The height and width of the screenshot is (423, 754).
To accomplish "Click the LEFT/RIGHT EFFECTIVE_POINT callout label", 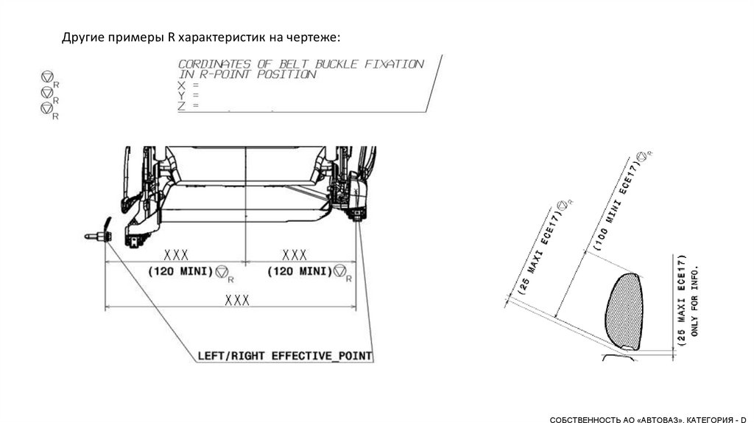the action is click(x=285, y=356).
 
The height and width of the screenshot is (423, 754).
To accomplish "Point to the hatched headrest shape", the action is click(x=624, y=311).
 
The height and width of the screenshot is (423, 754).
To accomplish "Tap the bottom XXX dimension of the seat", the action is click(x=237, y=301).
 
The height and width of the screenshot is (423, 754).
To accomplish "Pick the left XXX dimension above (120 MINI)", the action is click(x=176, y=255).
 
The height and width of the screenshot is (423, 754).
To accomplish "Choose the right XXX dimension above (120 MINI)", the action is click(x=295, y=255).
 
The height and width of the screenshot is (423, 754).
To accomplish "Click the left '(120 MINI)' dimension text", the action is click(x=180, y=272).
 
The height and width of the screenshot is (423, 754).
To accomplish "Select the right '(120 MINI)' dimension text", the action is click(x=299, y=272).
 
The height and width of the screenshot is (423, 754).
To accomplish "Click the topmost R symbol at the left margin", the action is click(x=48, y=77).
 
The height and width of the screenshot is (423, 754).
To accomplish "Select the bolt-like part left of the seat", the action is click(x=98, y=237).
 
